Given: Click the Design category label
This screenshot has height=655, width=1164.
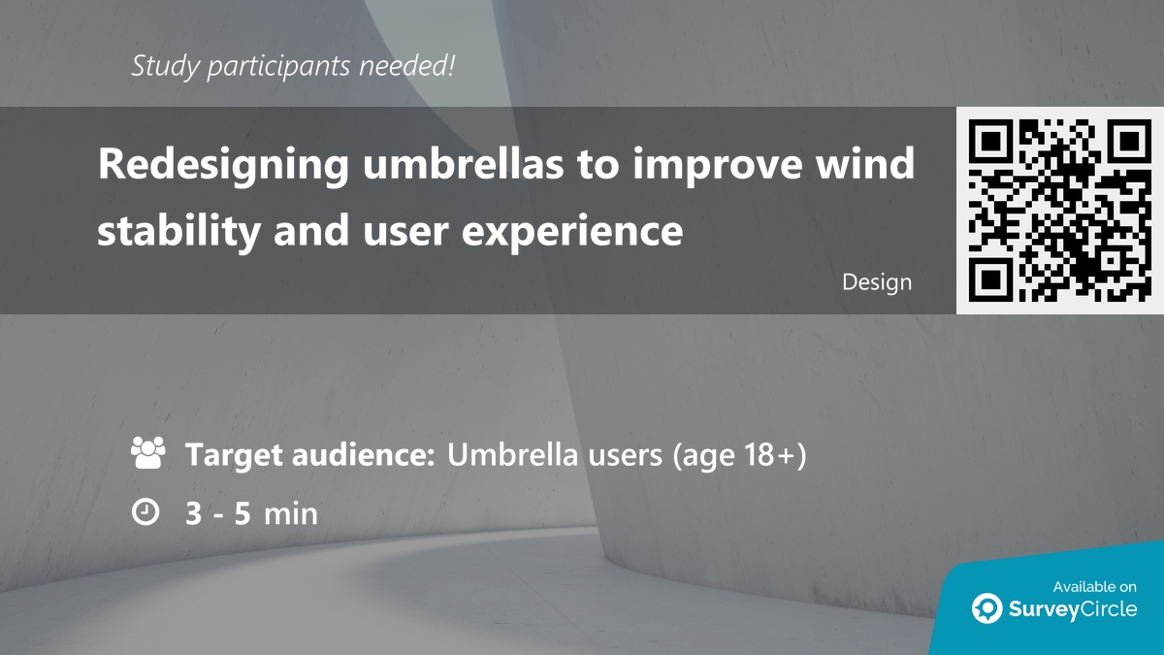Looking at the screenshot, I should pyautogui.click(x=877, y=282).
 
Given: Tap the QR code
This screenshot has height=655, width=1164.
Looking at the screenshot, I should pyautogui.click(x=1059, y=210).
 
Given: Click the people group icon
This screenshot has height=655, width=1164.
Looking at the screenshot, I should pyautogui.click(x=147, y=453).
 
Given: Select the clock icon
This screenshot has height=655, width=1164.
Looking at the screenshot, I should pyautogui.click(x=145, y=511).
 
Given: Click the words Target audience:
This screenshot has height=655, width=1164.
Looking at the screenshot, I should pyautogui.click(x=309, y=454).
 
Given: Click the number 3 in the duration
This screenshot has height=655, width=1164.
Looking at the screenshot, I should pyautogui.click(x=194, y=512).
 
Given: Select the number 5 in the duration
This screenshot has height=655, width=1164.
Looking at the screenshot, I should pyautogui.click(x=242, y=512).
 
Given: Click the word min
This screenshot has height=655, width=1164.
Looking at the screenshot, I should pyautogui.click(x=290, y=512).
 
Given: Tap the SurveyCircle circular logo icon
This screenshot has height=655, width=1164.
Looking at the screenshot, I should pyautogui.click(x=987, y=608).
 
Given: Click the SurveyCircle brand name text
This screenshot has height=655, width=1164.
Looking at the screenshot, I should pyautogui.click(x=1071, y=609).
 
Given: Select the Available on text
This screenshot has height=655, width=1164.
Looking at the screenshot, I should pyautogui.click(x=1094, y=586).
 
